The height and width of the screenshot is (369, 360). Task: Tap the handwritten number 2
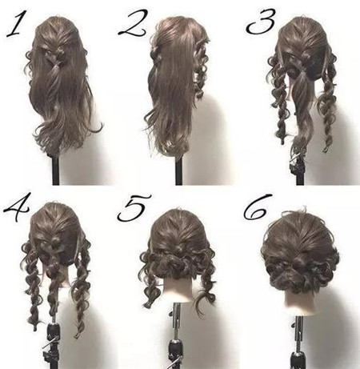pyautogui.click(x=133, y=22)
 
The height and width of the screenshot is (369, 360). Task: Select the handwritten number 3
pyautogui.click(x=261, y=22)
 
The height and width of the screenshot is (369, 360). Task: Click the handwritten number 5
pyautogui.click(x=134, y=208)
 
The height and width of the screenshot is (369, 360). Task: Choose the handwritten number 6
pyautogui.click(x=256, y=207)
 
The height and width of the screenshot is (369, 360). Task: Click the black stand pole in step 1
pyautogui.click(x=55, y=170)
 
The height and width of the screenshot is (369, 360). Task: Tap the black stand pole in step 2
pyautogui.click(x=179, y=170)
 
